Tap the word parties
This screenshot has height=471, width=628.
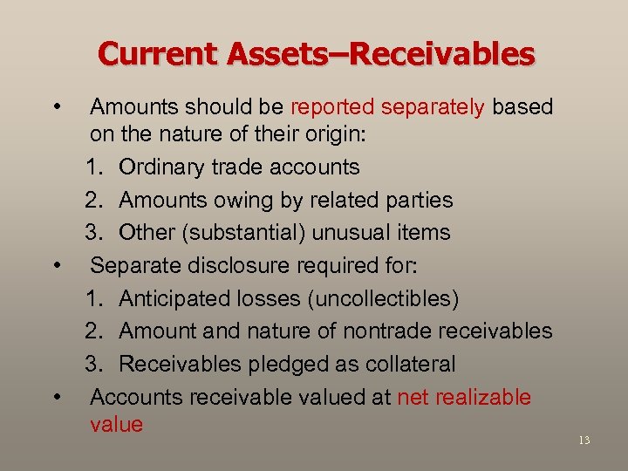419,200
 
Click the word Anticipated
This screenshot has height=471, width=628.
175,298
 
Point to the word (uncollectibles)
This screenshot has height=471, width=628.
382,298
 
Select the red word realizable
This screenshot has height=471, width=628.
483,397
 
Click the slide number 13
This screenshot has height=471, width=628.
584,440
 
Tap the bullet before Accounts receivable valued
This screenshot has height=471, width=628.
57,397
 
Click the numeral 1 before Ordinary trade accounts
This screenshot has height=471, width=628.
92,167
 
